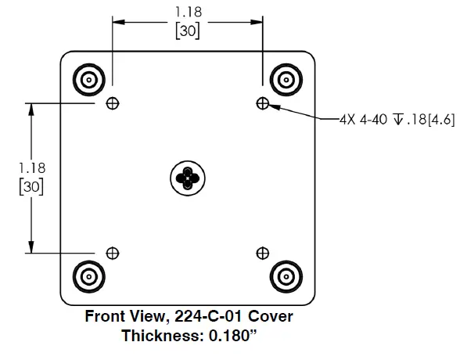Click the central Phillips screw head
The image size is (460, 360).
point(188,178)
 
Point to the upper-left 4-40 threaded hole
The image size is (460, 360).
point(113,103)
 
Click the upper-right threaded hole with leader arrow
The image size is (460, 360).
point(262,103)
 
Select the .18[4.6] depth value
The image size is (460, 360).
point(429,119)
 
